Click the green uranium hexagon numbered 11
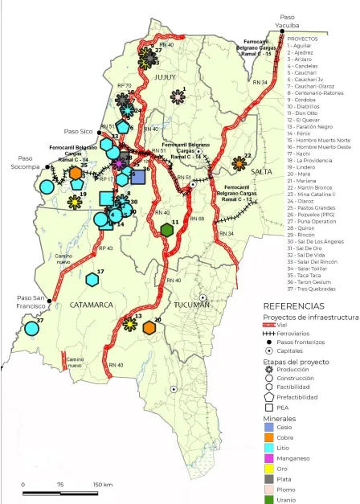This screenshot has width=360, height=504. pyautogui.click(x=166, y=230)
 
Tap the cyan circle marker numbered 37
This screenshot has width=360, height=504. pyautogui.click(x=32, y=327)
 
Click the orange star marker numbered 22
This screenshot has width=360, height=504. pyautogui.click(x=239, y=164)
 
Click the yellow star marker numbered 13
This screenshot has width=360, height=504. pyautogui.click(x=129, y=324)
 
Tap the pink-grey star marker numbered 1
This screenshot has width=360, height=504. pyautogui.click(x=178, y=97)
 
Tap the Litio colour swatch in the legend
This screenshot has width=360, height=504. pyautogui.click(x=271, y=446)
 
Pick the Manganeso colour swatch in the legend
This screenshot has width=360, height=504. pyautogui.click(x=271, y=459)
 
